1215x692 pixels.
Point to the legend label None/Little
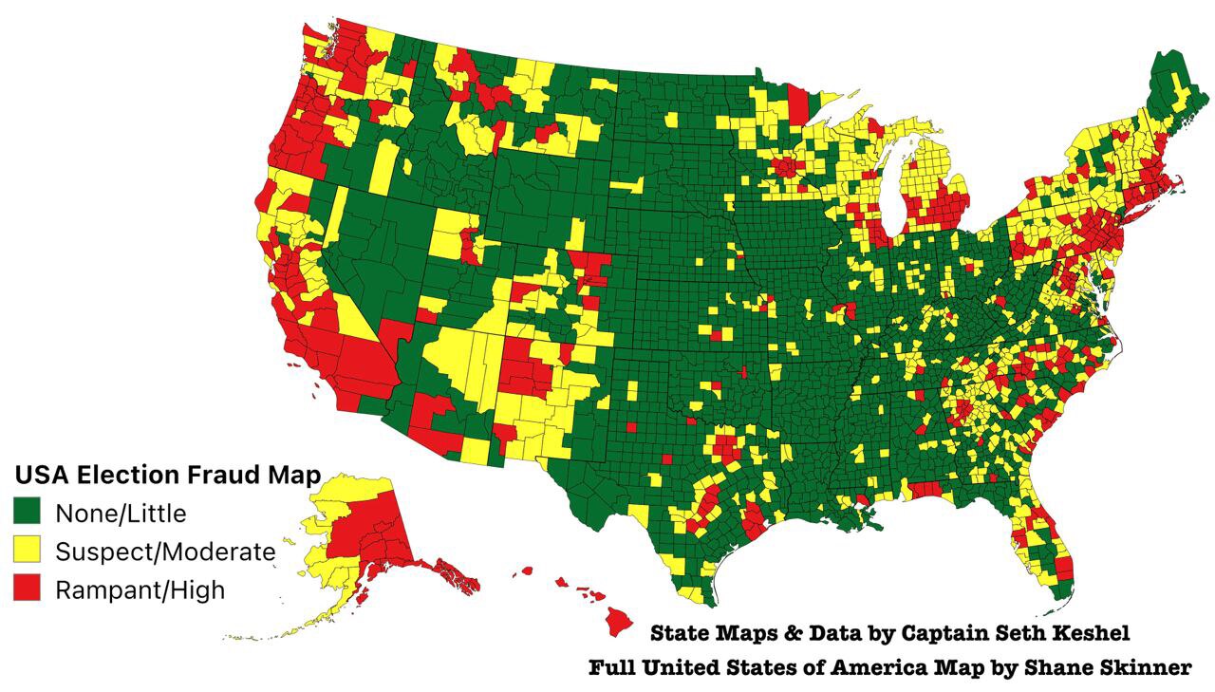tap(121, 514)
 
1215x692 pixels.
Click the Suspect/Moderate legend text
tap(165, 552)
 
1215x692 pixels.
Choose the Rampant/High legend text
tap(140, 589)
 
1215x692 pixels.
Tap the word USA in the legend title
tap(42, 475)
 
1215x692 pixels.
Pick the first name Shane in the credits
tap(1057, 668)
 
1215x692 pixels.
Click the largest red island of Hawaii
tap(620, 622)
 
